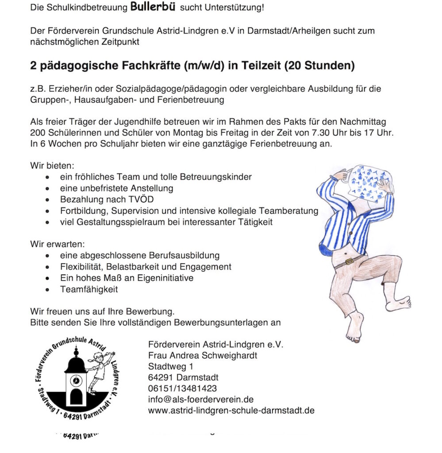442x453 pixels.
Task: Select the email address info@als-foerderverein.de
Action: (x=201, y=399)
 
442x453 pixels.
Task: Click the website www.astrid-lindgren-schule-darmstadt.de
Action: (x=231, y=411)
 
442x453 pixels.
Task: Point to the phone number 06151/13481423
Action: (x=183, y=388)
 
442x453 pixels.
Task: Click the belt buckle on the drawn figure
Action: (x=350, y=261)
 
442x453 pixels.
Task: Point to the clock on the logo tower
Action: (x=76, y=380)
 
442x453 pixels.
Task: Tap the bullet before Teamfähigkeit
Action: (x=48, y=290)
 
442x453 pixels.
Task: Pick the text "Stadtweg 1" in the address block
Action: (x=171, y=366)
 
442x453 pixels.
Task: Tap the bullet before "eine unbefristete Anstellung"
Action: (x=48, y=188)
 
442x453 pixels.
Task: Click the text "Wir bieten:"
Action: (x=51, y=165)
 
